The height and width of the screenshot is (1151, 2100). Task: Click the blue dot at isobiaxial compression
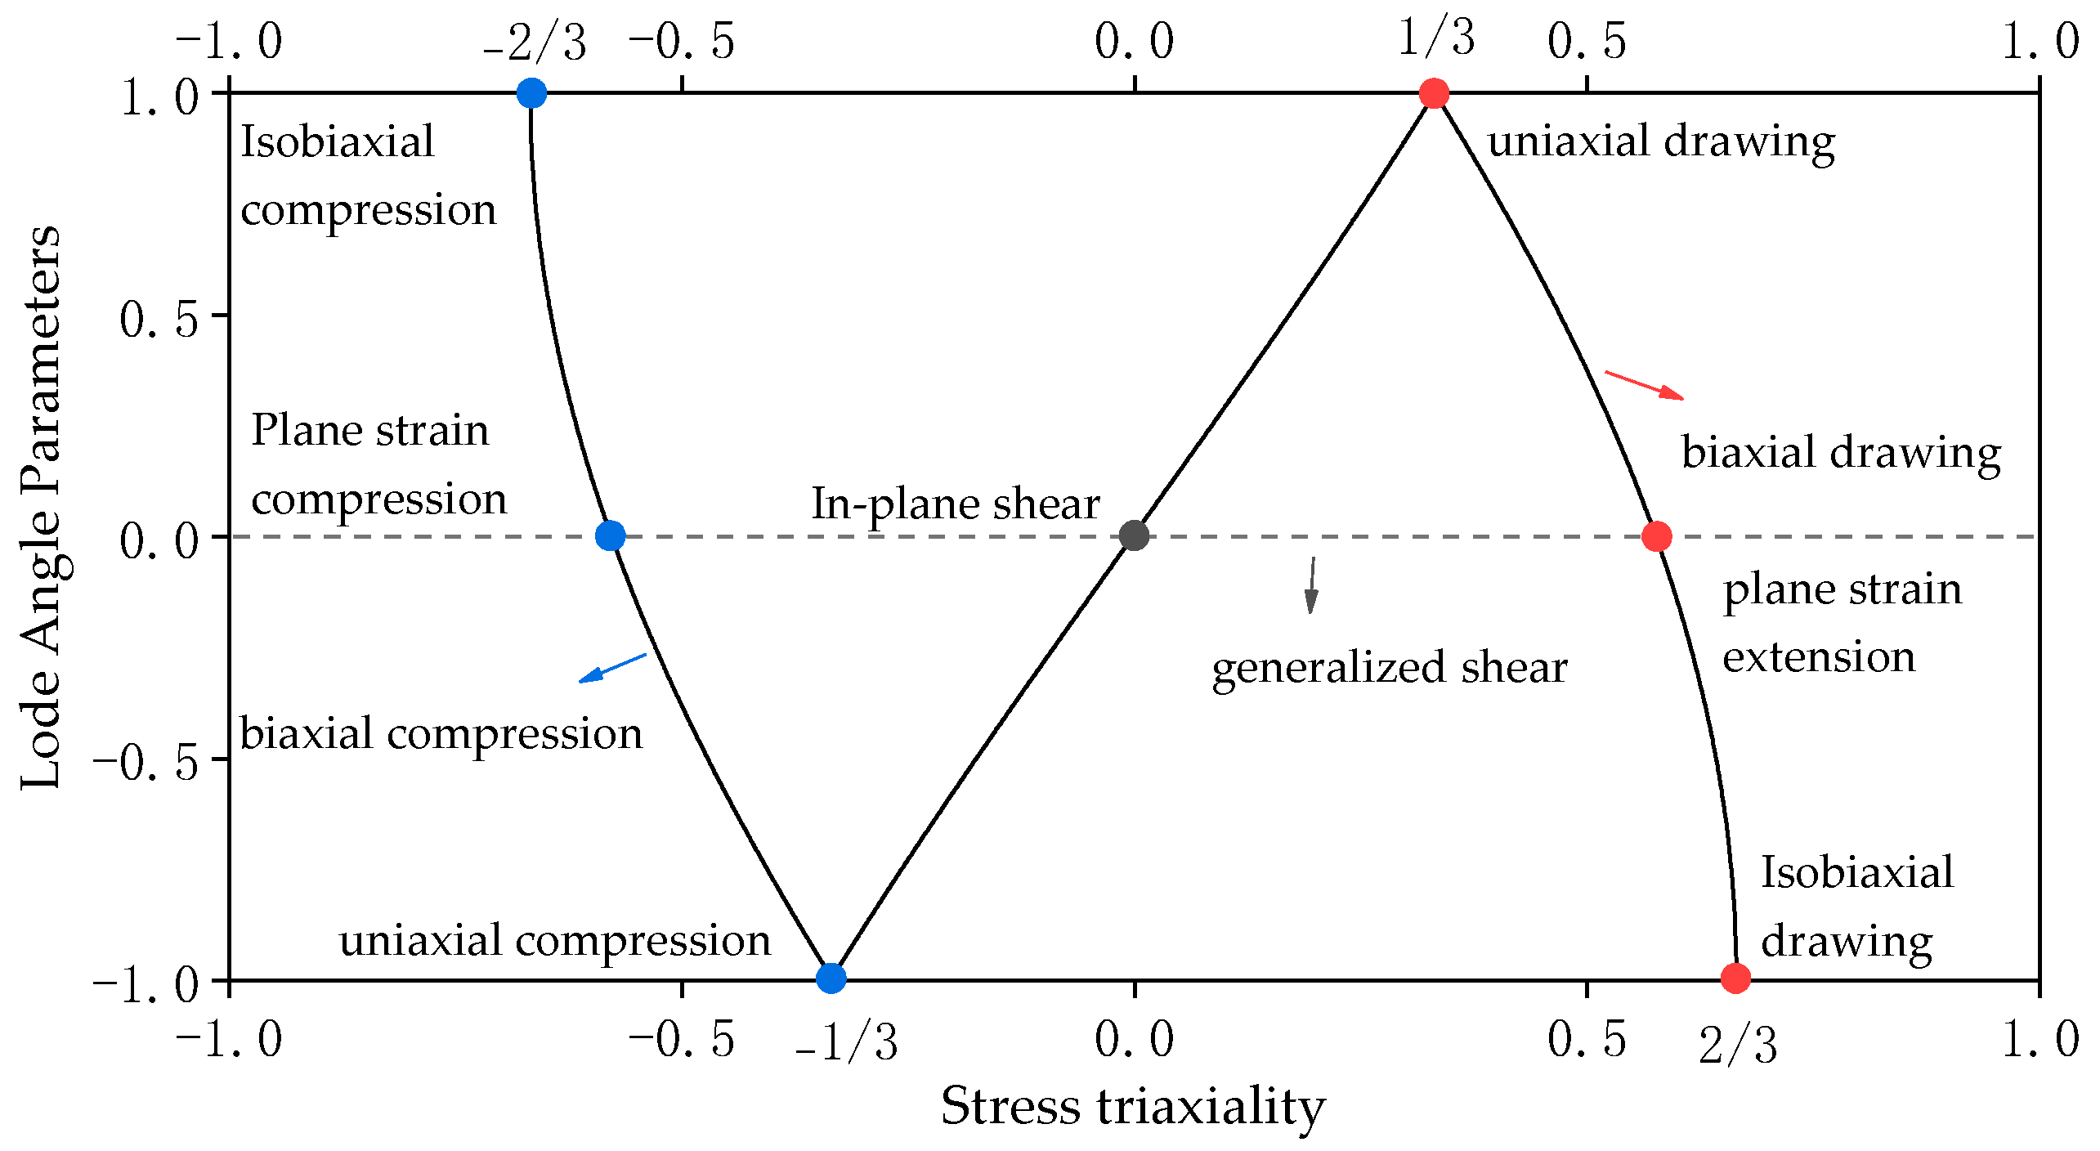click(x=531, y=93)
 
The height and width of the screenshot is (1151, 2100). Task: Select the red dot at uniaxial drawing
click(x=1434, y=93)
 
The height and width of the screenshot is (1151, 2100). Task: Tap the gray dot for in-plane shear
click(x=1134, y=536)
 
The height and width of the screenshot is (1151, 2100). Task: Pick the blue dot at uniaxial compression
click(x=831, y=978)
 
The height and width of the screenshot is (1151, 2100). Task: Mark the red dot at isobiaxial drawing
click(x=1735, y=978)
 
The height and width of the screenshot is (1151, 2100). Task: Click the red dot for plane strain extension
click(x=1656, y=536)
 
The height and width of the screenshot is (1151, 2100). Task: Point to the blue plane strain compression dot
click(x=610, y=536)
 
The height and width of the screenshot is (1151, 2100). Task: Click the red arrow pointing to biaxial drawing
click(x=1644, y=385)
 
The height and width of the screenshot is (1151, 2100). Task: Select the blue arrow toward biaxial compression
click(x=612, y=667)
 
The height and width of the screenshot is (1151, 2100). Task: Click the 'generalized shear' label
click(x=1389, y=668)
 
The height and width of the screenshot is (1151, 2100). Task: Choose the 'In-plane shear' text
click(x=955, y=504)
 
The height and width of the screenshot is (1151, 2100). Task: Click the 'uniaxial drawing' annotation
click(x=1660, y=142)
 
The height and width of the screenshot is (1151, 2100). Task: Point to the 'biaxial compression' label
click(x=441, y=733)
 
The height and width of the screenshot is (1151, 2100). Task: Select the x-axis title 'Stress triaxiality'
click(x=1133, y=1107)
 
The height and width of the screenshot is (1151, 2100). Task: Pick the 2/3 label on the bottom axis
click(x=1738, y=1045)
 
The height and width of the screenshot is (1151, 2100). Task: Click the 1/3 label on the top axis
click(x=1436, y=38)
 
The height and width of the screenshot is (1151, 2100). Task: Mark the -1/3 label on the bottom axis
click(x=847, y=1043)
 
